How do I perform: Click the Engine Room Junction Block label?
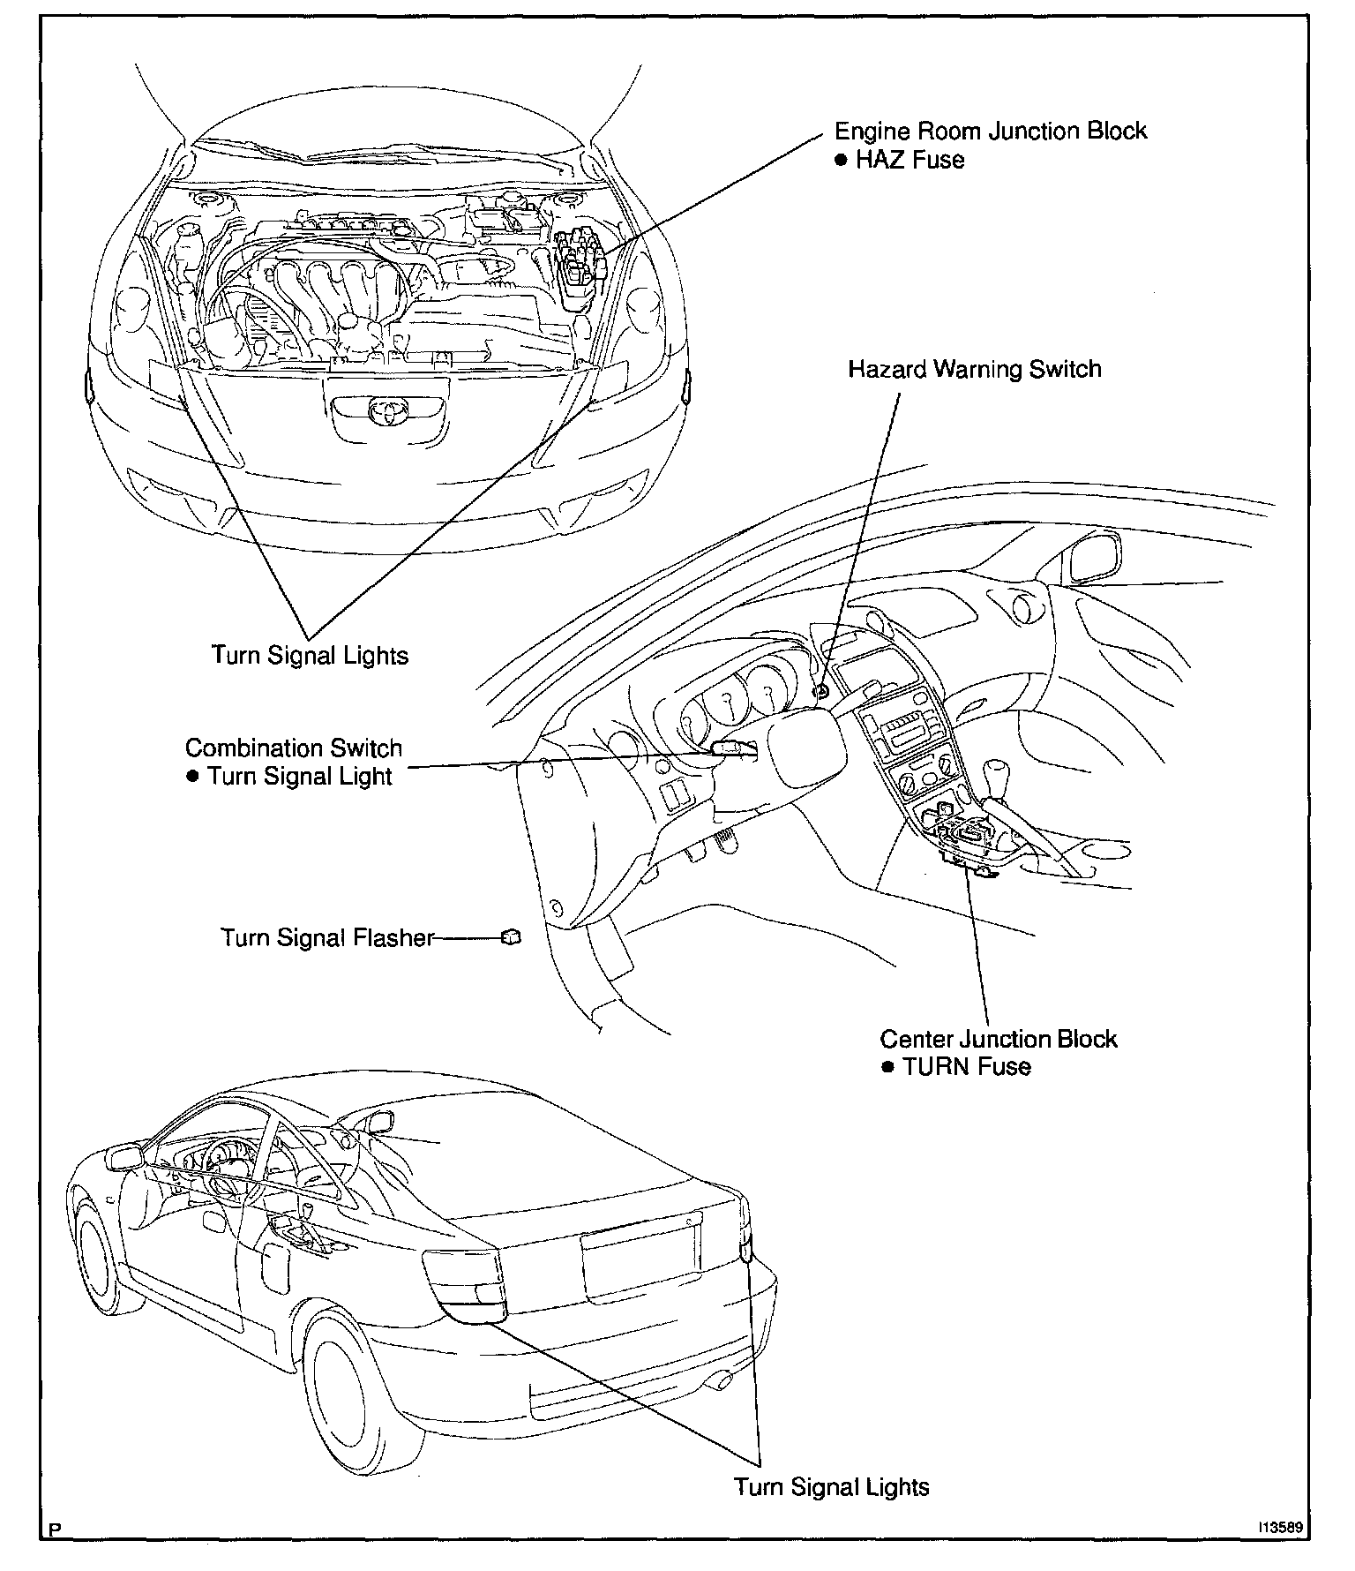(990, 132)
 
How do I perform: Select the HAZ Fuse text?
(909, 161)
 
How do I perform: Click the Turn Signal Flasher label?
(327, 937)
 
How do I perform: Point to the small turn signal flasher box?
(511, 937)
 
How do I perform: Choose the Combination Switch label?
(293, 748)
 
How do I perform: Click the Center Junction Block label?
(998, 1039)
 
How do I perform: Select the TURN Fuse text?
(966, 1067)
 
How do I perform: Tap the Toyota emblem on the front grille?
(386, 410)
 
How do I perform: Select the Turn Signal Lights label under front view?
(310, 656)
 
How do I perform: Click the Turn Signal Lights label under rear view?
(832, 1487)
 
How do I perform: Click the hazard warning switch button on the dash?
(821, 691)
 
